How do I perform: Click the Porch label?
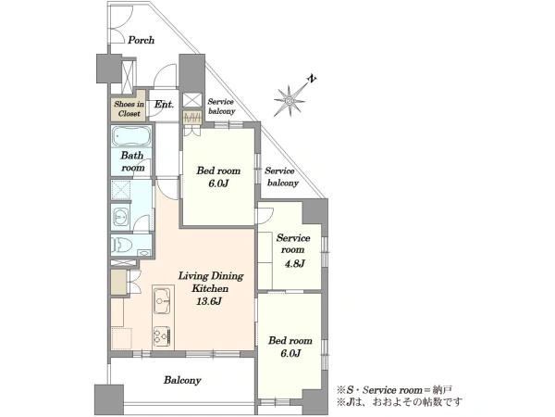[x=141, y=40]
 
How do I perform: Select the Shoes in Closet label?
[x=129, y=108]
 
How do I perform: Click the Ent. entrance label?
[x=165, y=105]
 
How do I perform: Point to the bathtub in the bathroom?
[x=131, y=136]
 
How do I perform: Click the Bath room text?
[x=132, y=161]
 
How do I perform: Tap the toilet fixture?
[x=122, y=245]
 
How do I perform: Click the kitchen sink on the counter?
[x=162, y=301]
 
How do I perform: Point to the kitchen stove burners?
[x=162, y=337]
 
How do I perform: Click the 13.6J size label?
[x=209, y=301]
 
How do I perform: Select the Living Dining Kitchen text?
[x=211, y=282]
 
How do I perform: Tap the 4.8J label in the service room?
[x=295, y=263]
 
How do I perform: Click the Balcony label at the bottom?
[x=182, y=381]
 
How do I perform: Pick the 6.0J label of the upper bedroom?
[x=218, y=183]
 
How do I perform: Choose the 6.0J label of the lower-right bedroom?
[x=290, y=354]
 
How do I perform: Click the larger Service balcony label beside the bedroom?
[x=282, y=177]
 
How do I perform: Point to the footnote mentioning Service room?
[x=394, y=390]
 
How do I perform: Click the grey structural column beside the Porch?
[x=108, y=69]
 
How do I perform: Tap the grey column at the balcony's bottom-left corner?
[x=109, y=400]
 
